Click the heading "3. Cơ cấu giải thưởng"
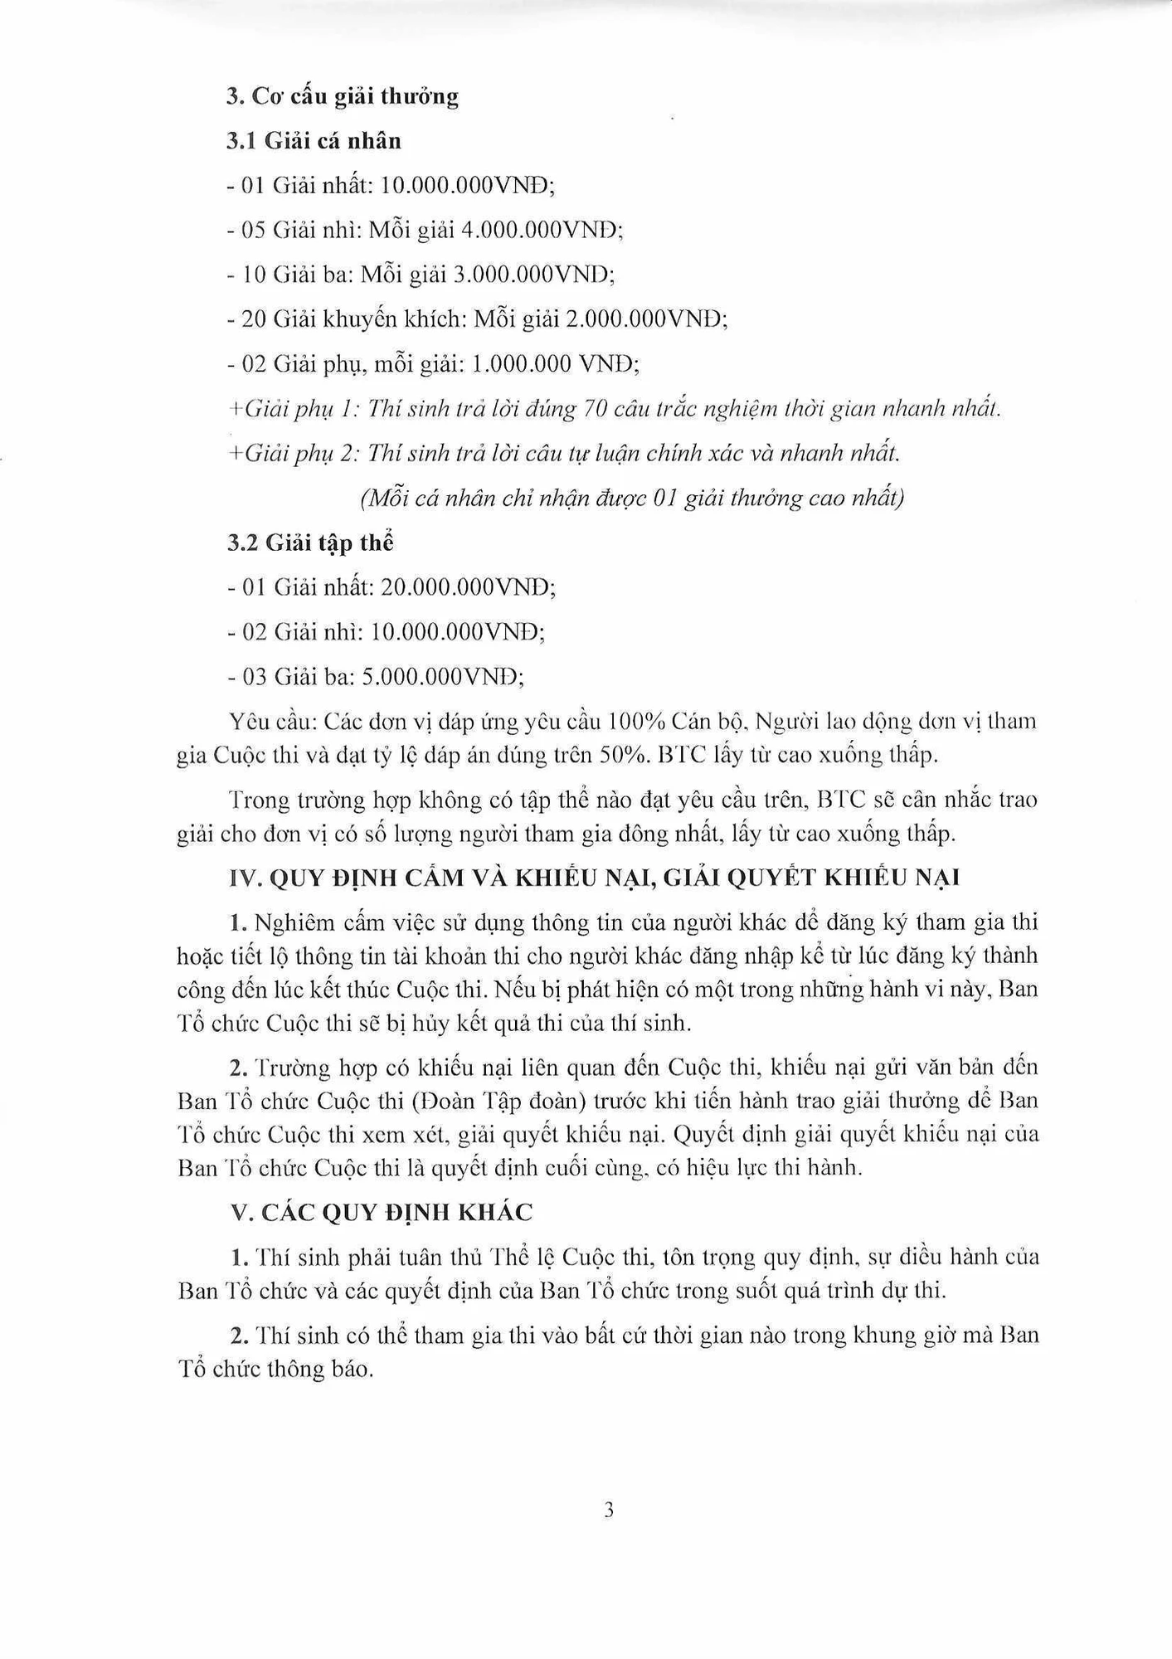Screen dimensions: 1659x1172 pos(343,96)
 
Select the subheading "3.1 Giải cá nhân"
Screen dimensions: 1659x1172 pos(314,141)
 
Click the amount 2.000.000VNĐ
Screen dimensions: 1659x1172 pos(646,319)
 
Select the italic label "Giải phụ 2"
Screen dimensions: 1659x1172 pos(300,454)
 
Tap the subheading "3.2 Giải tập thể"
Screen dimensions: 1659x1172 pos(310,543)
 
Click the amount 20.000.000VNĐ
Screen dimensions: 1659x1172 pos(468,588)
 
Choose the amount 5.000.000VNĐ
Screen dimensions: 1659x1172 pos(442,678)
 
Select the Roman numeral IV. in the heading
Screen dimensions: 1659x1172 pos(246,878)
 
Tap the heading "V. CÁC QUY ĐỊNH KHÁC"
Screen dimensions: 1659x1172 pos(382,1213)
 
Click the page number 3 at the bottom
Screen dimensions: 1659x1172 pos(609,1511)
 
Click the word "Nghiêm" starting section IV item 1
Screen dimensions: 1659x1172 pos(290,922)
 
